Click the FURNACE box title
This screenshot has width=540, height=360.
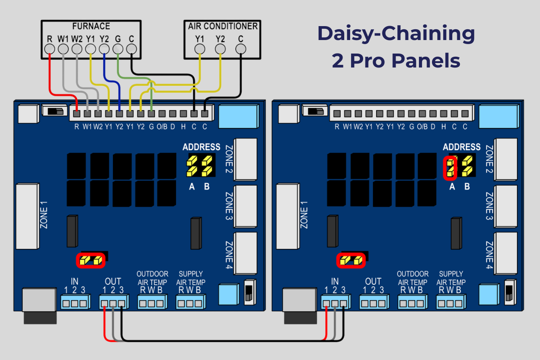pos(91,27)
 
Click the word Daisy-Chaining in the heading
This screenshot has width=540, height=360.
pos(396,34)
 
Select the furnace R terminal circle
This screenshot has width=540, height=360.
pos(50,49)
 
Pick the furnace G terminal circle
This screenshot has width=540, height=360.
pos(118,49)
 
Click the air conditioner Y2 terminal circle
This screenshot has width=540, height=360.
pos(220,49)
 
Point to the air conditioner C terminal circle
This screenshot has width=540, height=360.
pos(241,49)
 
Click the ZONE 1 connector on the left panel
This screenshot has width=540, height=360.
pos(28,216)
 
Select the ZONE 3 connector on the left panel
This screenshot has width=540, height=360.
pos(246,206)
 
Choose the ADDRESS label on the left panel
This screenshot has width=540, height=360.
pos(201,147)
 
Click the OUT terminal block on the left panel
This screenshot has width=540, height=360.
pos(112,303)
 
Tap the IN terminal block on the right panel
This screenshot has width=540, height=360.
pos(334,303)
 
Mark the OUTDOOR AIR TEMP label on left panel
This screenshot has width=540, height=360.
pos(152,278)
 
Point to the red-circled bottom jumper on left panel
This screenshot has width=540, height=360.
pos(91,260)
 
